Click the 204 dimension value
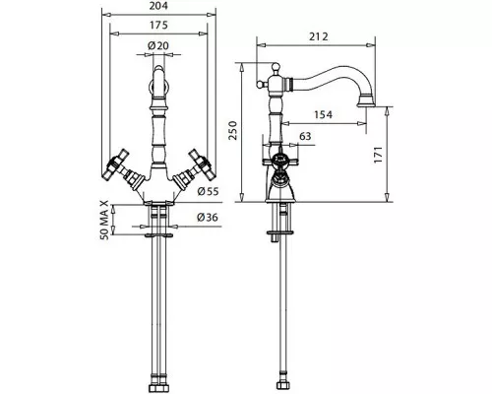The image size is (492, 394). click(158, 6)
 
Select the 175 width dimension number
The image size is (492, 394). click(158, 25)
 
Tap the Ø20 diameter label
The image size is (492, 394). click(158, 45)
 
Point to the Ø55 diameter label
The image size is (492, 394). click(208, 191)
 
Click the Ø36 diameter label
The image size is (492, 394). click(208, 217)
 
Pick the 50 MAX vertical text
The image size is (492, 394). click(104, 220)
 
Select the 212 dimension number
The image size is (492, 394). click(319, 36)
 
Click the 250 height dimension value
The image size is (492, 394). click(232, 130)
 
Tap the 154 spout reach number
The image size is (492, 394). click(323, 114)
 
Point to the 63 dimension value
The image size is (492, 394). click(305, 136)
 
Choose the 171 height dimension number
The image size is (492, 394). click(378, 155)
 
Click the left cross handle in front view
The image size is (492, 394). click(115, 164)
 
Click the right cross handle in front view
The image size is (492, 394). click(202, 164)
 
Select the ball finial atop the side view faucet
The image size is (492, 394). click(276, 68)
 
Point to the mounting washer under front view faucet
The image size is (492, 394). click(158, 235)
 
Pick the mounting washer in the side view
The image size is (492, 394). click(279, 232)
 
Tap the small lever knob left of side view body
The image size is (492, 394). click(260, 85)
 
